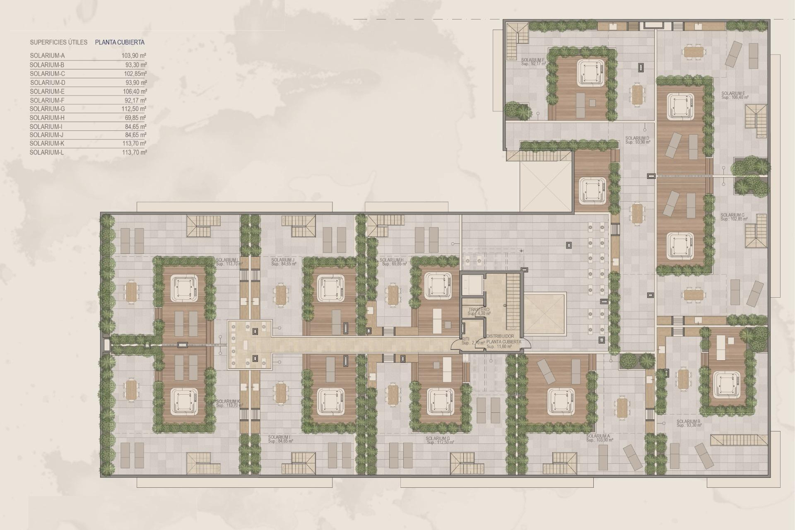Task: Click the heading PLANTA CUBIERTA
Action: [x=120, y=42]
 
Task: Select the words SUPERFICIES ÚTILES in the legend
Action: [x=58, y=42]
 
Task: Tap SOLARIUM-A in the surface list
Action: [x=47, y=55]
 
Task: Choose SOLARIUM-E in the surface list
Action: [x=47, y=92]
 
